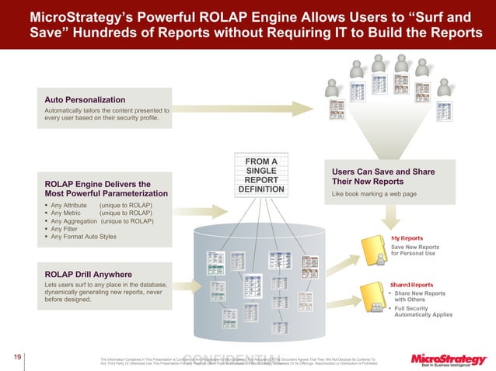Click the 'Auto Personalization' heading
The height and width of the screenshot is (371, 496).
click(x=85, y=100)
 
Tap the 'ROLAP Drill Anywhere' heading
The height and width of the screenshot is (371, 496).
click(x=88, y=275)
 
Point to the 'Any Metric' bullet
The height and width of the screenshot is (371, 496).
click(x=68, y=213)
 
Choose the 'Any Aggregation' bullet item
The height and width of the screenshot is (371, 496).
click(x=78, y=220)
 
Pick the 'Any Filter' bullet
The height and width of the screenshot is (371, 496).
click(x=65, y=229)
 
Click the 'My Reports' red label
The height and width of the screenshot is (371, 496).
click(x=406, y=238)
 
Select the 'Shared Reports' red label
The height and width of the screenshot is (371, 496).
click(x=410, y=285)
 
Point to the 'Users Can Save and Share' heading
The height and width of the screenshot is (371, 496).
click(x=383, y=172)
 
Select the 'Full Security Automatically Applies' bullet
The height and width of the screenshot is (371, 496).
click(x=422, y=313)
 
